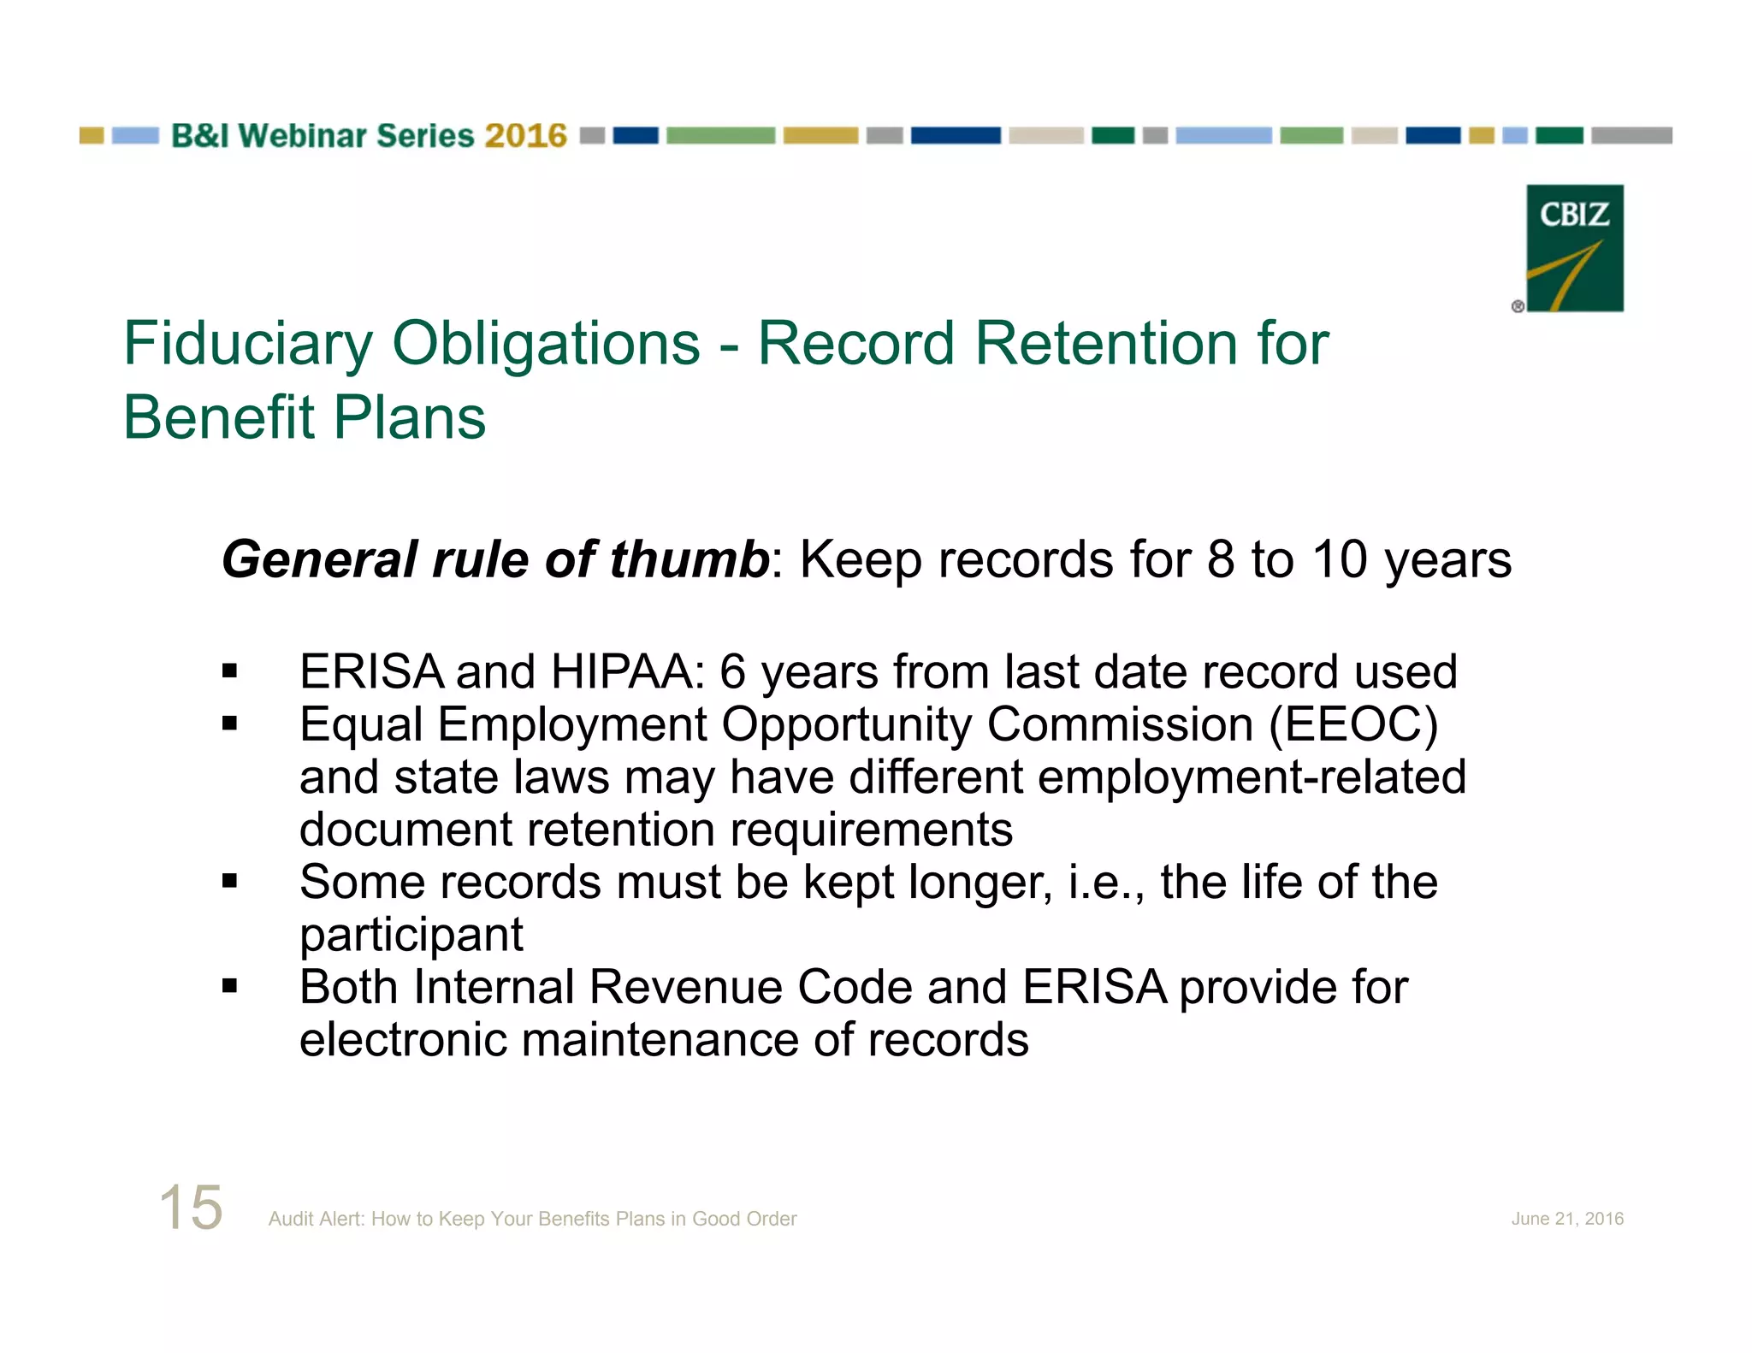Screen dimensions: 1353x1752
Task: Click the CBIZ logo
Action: click(x=1574, y=248)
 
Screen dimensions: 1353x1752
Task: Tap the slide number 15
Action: click(x=191, y=1208)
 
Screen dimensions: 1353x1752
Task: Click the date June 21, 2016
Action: click(x=1567, y=1219)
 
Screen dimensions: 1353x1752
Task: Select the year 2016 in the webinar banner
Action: click(x=525, y=136)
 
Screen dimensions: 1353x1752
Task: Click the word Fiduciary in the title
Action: click(x=248, y=344)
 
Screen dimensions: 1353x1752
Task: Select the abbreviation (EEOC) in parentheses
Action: click(x=1353, y=725)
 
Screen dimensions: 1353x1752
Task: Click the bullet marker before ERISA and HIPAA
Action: click(x=229, y=671)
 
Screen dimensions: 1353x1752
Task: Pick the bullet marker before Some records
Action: click(x=229, y=881)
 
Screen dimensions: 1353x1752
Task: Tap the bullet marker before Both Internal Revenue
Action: click(x=229, y=986)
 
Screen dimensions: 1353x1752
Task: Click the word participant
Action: click(x=411, y=935)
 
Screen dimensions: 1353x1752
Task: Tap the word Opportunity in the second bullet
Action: click(x=846, y=725)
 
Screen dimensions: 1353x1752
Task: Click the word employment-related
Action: click(x=1252, y=777)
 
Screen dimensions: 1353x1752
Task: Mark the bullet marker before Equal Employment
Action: click(x=229, y=724)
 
